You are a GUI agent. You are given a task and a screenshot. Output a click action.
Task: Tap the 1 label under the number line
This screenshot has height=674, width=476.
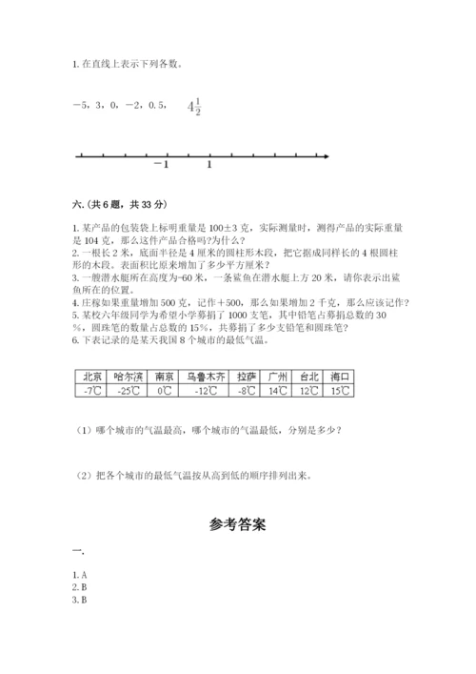tap(208, 165)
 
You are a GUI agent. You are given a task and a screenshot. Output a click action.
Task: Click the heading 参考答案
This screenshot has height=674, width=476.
tap(237, 523)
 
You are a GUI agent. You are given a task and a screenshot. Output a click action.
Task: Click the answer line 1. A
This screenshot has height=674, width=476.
tap(80, 575)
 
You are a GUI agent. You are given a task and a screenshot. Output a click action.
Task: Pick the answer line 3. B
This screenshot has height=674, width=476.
tap(80, 600)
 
